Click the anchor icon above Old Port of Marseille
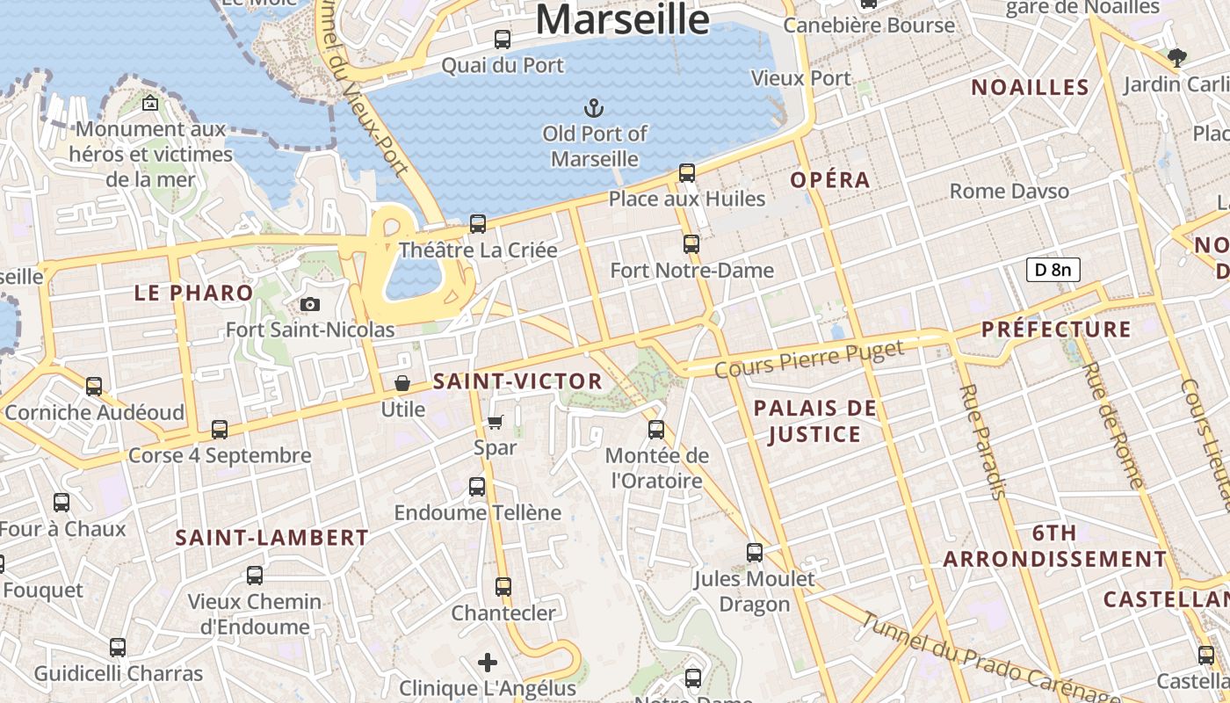595,108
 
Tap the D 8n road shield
1053,270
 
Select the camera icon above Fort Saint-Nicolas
309,305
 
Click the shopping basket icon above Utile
402,383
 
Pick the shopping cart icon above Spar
495,423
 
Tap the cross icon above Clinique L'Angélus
488,662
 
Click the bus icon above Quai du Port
503,40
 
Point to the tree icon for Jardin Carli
1177,59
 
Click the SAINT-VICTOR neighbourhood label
517,381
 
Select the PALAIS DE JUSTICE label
814,421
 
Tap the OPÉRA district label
830,180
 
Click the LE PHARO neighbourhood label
193,293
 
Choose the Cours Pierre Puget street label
809,359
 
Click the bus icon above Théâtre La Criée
478,224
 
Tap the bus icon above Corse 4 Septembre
220,430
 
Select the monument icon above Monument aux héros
150,103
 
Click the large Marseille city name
622,19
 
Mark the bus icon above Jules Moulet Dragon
755,553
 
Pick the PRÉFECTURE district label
1056,330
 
